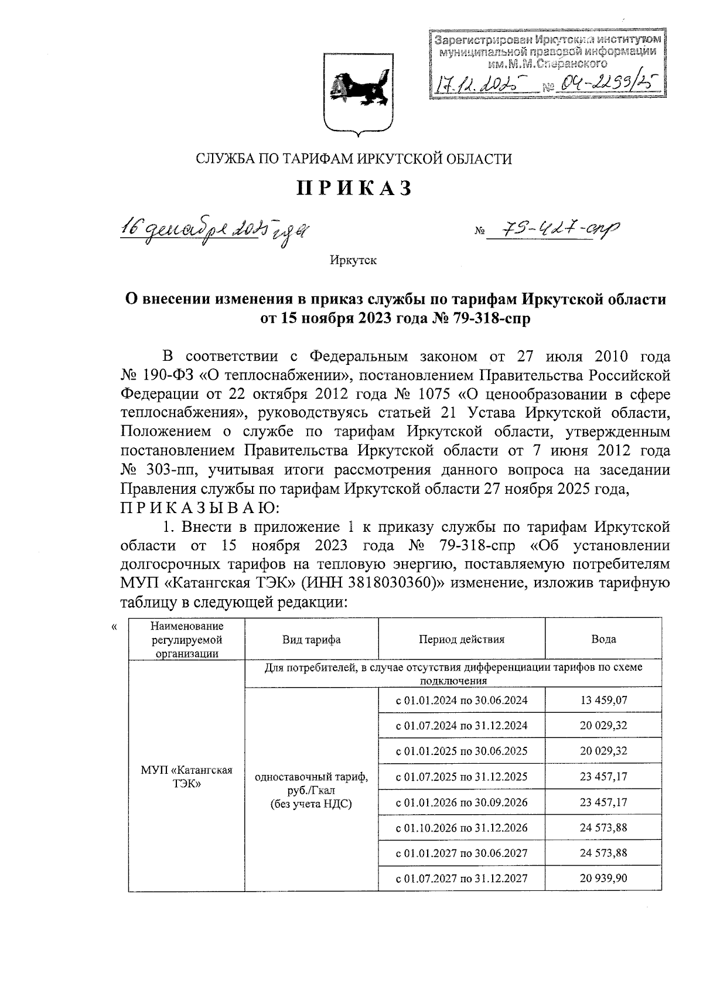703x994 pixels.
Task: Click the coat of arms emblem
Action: (x=355, y=95)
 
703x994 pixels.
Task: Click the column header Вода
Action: (x=603, y=639)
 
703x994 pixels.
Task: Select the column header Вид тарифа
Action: (x=311, y=639)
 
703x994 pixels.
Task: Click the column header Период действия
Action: (x=462, y=639)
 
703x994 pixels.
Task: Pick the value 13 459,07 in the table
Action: (x=603, y=699)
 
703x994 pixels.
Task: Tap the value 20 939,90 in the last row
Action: (x=603, y=878)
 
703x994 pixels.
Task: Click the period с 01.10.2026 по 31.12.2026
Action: (x=462, y=828)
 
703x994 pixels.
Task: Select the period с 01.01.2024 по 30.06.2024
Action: (x=462, y=700)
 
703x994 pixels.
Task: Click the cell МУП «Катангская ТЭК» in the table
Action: (x=187, y=777)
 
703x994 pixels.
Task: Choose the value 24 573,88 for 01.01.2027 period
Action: (x=603, y=853)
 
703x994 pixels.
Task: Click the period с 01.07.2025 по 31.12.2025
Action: (x=462, y=777)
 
